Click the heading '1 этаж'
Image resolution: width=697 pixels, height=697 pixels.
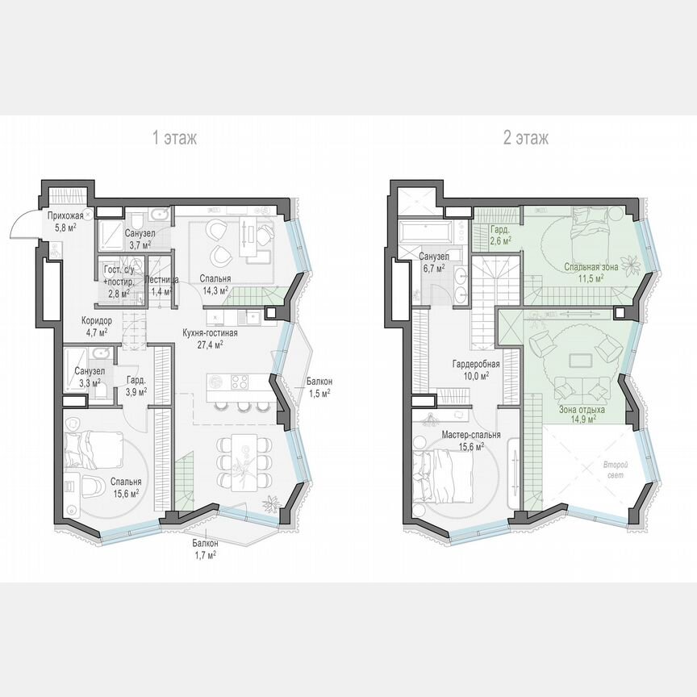(175, 138)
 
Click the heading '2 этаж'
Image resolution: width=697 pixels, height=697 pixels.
(526, 138)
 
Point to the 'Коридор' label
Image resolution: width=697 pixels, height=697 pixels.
(97, 320)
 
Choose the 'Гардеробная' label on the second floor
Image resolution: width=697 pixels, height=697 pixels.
(476, 364)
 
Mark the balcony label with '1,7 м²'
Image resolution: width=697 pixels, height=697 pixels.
(205, 555)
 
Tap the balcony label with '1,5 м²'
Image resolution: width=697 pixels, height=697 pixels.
(319, 393)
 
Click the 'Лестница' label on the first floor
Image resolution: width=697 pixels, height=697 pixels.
(158, 280)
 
